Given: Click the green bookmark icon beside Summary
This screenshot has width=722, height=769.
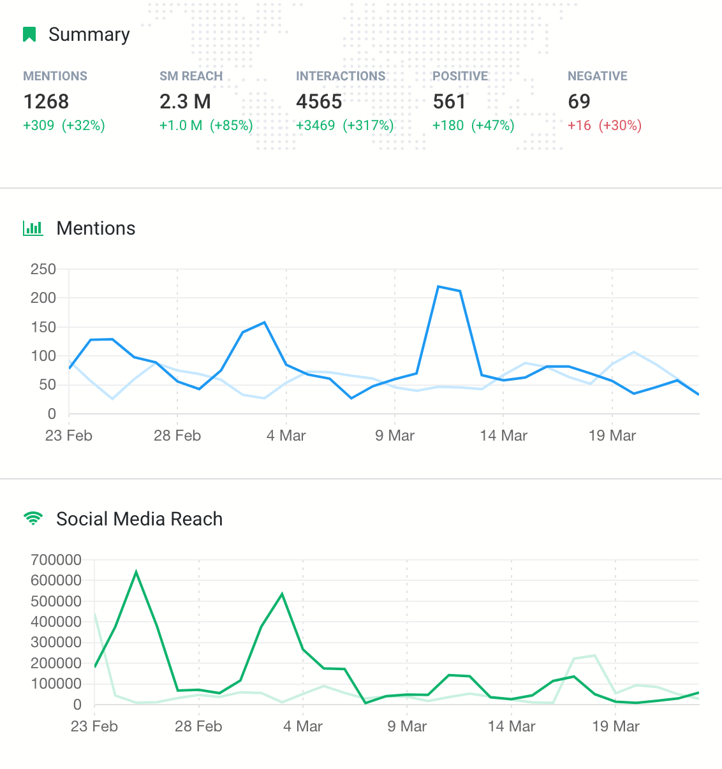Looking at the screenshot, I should pos(29,34).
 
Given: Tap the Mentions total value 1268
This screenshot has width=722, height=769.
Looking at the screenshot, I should pos(46,101).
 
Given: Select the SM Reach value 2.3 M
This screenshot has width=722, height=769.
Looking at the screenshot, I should pos(185,101).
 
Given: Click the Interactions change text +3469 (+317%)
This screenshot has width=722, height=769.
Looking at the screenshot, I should pos(344,125).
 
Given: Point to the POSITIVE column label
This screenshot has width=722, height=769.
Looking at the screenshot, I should pos(460,76).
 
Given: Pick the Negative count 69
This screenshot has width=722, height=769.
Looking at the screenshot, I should pos(579,101).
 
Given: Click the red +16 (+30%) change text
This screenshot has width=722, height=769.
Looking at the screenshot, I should pos(604,125).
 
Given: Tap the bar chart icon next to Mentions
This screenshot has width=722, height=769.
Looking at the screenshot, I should pos(33,228).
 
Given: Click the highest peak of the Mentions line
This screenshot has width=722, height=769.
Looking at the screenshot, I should pos(439,287).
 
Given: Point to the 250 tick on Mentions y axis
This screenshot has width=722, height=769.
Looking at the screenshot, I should pos(43,269).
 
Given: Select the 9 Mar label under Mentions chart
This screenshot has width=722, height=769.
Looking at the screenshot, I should pos(395,436).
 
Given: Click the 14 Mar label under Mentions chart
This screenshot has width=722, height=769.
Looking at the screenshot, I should pos(503,436).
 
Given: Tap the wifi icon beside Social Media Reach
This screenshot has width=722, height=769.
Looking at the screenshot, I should pos(33,519).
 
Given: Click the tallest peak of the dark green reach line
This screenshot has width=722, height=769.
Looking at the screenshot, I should pos(136,572).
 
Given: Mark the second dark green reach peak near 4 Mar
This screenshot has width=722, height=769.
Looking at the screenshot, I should pos(282,594).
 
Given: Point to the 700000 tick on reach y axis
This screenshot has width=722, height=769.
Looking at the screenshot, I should pos(56,560).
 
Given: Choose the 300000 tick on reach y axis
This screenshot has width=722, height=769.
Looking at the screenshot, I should pos(56,642).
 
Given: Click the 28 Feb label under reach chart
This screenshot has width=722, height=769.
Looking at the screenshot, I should pos(198,726).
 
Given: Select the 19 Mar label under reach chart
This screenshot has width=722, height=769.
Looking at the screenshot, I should pos(615,726).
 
